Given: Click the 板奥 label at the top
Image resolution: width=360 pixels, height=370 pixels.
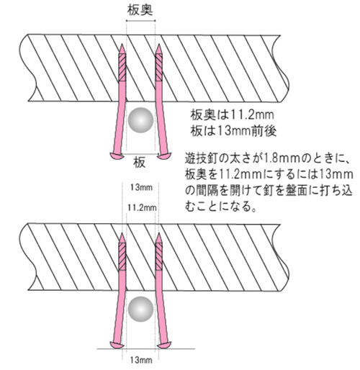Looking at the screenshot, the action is click(x=140, y=10).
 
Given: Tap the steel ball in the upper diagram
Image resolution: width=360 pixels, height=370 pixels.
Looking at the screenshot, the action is click(x=140, y=120).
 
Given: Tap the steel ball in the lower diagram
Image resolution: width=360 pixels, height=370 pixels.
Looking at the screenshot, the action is click(x=140, y=309).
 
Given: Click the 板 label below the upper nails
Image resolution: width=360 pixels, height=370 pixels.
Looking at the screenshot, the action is click(x=139, y=163).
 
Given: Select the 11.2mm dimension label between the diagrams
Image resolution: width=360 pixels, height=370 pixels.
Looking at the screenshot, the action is click(x=142, y=207).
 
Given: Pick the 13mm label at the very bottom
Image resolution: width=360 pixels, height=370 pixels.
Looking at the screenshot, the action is click(x=141, y=360).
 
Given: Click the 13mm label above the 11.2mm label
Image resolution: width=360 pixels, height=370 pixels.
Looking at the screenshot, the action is click(x=141, y=187).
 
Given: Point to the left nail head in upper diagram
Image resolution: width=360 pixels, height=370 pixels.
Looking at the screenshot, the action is click(x=117, y=155).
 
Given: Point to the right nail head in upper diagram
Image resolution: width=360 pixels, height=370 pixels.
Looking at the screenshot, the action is click(x=164, y=155).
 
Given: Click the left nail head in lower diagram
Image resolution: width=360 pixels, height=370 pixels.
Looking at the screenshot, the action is click(x=117, y=345).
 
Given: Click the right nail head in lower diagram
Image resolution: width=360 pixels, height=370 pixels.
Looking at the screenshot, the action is click(x=164, y=345).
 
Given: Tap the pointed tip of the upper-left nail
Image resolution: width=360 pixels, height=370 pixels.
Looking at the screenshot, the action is click(x=122, y=44).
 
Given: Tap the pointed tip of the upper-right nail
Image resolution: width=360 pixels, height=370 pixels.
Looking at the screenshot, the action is click(x=158, y=44).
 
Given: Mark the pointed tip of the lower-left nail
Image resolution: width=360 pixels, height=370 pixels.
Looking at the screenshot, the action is click(x=122, y=233).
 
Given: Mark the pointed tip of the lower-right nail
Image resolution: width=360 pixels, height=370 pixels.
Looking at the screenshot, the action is click(x=158, y=233).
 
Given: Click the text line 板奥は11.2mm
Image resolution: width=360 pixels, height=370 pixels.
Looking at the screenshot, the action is click(x=232, y=115).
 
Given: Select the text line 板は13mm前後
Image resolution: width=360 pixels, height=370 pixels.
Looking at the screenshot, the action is click(x=233, y=131).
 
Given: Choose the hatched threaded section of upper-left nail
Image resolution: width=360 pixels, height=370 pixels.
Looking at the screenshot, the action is click(x=122, y=68).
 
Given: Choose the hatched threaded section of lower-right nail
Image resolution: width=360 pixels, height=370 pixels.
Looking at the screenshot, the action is click(x=158, y=256).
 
